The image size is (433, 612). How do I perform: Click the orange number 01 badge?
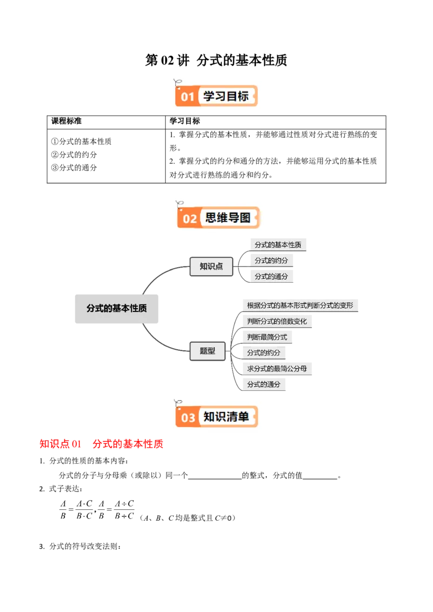[187, 97]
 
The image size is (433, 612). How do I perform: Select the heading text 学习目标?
[226, 96]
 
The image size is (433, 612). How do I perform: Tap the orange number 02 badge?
[189, 218]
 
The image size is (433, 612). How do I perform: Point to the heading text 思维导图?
[228, 218]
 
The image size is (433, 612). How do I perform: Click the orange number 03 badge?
[188, 417]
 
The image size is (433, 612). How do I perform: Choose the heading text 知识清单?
[226, 417]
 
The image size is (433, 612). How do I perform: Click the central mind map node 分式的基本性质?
[116, 308]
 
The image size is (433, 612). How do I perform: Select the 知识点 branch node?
[211, 266]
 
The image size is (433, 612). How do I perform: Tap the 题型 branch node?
[208, 351]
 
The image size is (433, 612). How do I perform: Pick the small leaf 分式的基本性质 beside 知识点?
[278, 245]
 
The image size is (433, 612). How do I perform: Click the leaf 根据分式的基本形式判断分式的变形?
[300, 305]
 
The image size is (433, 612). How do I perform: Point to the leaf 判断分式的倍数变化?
[277, 321]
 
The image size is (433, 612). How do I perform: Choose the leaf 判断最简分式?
[267, 337]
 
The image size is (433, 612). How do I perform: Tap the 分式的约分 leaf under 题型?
[264, 353]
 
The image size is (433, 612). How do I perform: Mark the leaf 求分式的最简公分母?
[277, 369]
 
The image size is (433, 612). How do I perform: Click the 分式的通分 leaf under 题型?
[264, 384]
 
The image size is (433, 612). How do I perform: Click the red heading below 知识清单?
[101, 444]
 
